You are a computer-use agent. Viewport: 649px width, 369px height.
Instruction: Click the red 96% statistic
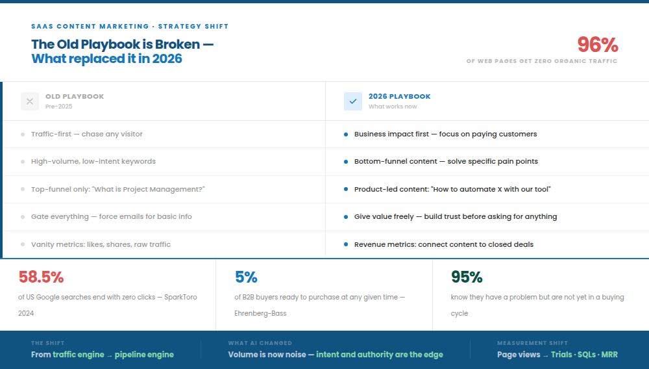[x=597, y=45]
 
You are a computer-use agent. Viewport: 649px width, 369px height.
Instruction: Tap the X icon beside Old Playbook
[x=30, y=101]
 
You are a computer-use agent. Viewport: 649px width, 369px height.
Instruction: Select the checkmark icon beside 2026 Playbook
[x=353, y=101]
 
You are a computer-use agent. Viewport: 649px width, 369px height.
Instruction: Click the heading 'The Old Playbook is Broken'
[x=122, y=44]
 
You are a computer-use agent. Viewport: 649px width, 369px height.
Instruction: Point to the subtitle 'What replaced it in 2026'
[x=106, y=58]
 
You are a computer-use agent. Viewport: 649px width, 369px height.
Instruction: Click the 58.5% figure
[x=41, y=277]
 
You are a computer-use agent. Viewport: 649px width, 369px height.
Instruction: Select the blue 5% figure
[x=246, y=277]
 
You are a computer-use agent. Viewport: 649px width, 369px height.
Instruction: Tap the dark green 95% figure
[x=467, y=277]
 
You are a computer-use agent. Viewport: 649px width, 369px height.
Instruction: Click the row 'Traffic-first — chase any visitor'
[x=87, y=134]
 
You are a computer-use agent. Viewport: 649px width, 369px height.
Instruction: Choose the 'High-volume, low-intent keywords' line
[x=93, y=161]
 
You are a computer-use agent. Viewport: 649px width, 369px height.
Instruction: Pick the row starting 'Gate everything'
[x=112, y=216]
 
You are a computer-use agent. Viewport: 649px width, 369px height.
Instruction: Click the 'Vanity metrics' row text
[x=101, y=244]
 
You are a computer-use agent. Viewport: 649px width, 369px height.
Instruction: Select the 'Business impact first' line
[x=445, y=134]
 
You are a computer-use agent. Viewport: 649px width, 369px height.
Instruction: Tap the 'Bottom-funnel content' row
[x=446, y=161]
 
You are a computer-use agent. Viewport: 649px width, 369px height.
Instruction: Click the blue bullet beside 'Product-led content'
[x=346, y=189]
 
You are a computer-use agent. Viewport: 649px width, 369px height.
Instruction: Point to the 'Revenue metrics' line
[x=444, y=244]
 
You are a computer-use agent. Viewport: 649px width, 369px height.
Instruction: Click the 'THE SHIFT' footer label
[x=47, y=343]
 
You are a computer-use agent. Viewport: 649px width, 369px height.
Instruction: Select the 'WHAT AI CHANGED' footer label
[x=260, y=343]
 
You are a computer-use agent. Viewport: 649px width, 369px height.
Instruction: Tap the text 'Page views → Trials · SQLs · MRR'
[x=557, y=355]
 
